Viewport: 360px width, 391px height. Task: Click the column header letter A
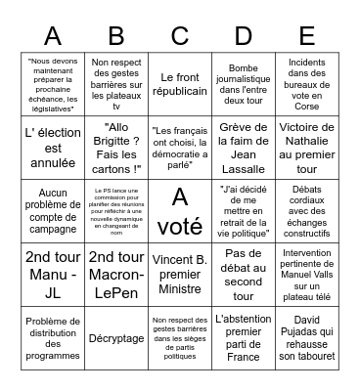click(54, 36)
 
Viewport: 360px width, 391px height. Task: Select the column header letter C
click(179, 36)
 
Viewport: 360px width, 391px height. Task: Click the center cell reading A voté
click(179, 210)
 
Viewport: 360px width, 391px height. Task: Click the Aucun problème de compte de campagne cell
click(54, 210)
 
